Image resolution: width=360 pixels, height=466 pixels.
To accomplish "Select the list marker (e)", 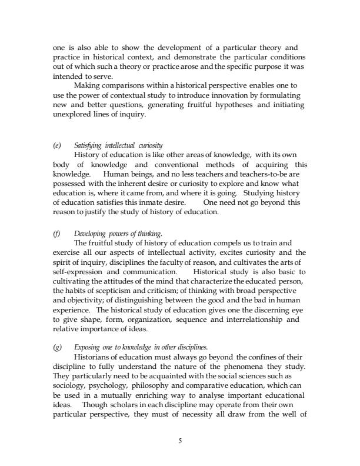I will [x=56, y=145].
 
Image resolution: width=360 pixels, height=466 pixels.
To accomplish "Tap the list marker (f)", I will [x=56, y=234].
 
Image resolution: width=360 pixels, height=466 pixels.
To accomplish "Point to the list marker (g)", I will [x=56, y=347].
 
